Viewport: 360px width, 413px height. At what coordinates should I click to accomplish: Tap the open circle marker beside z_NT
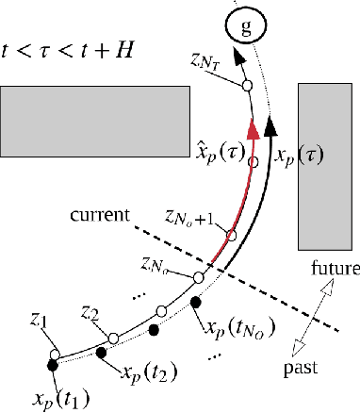247,87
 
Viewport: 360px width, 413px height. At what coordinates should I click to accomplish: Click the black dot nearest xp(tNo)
196,303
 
